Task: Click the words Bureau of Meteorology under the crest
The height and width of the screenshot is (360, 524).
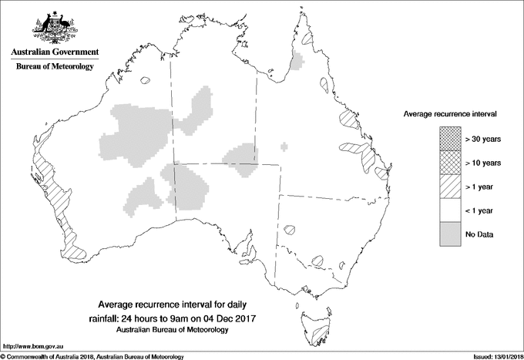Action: pyautogui.click(x=55, y=67)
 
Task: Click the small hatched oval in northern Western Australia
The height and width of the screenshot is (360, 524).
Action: pyautogui.click(x=147, y=79)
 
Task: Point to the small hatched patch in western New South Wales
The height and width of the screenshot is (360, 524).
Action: pyautogui.click(x=290, y=229)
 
